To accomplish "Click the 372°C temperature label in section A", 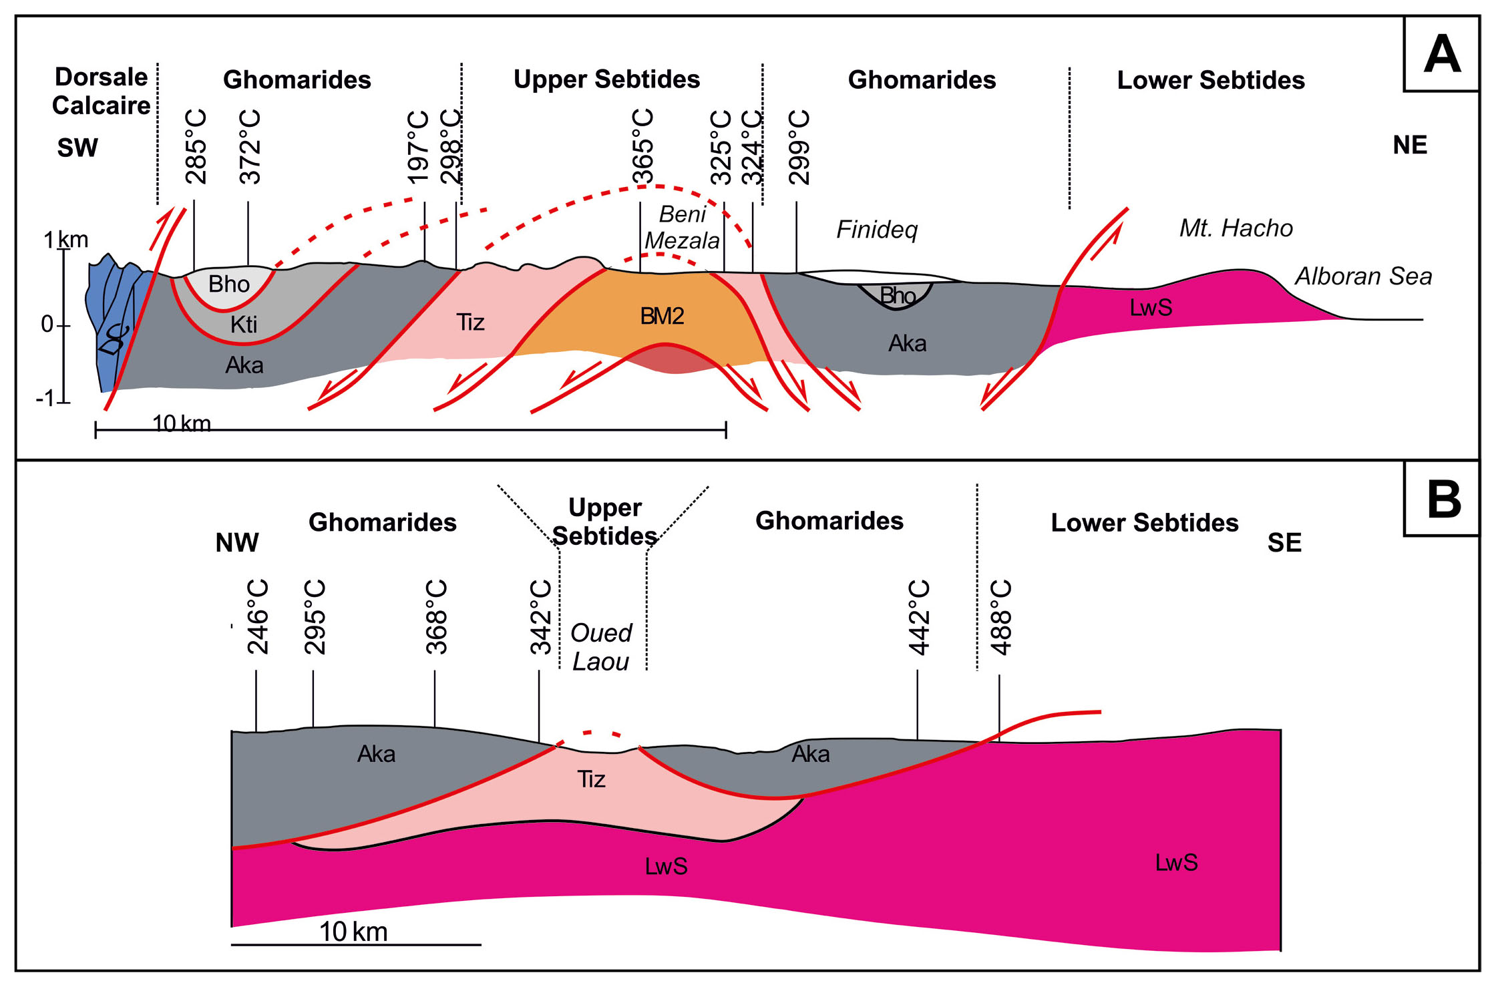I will point(250,147).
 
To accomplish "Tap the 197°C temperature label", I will point(418,147).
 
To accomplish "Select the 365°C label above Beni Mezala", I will point(642,147).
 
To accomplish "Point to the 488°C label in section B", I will point(1001,618).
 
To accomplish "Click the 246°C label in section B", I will point(258,617).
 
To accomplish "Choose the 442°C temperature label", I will point(920,618).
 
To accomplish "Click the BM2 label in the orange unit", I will point(662,316).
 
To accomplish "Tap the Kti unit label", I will point(243,325).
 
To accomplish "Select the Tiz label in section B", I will point(591,779).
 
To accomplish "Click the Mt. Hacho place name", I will point(1236,228).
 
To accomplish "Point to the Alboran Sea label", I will point(1363,276).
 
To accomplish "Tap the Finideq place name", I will point(877,230).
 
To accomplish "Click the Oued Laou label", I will point(601,647).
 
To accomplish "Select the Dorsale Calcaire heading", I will point(102,91).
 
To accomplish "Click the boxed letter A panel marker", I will point(1441,54).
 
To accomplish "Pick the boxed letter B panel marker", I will point(1443,499).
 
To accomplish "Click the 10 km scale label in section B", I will point(353,932).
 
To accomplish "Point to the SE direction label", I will point(1284,542).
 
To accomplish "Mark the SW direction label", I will point(77,148).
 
